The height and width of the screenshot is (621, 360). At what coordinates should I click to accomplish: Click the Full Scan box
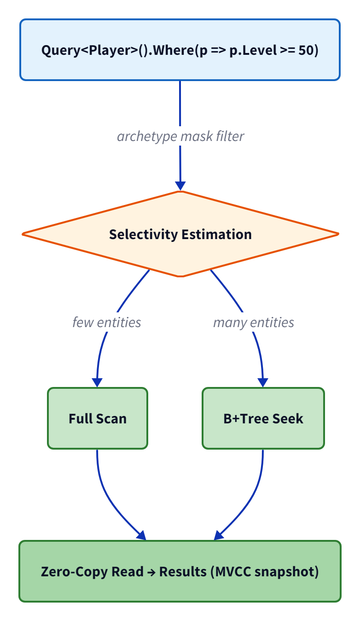pyautogui.click(x=98, y=418)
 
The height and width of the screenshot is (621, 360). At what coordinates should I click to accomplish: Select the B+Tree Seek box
pyautogui.click(x=263, y=418)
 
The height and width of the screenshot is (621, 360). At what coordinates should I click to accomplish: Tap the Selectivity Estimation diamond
pyautogui.click(x=180, y=234)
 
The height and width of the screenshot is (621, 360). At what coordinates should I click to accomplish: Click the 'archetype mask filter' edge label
pyautogui.click(x=180, y=136)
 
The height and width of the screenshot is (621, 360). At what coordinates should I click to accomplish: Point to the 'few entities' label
pyautogui.click(x=107, y=322)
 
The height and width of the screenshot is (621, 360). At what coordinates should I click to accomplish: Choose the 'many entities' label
pyautogui.click(x=253, y=322)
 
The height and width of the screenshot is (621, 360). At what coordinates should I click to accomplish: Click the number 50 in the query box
pyautogui.click(x=306, y=50)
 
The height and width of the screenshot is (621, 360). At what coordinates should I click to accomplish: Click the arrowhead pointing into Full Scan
pyautogui.click(x=97, y=382)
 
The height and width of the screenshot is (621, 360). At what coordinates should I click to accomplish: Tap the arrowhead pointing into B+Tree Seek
pyautogui.click(x=263, y=382)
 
